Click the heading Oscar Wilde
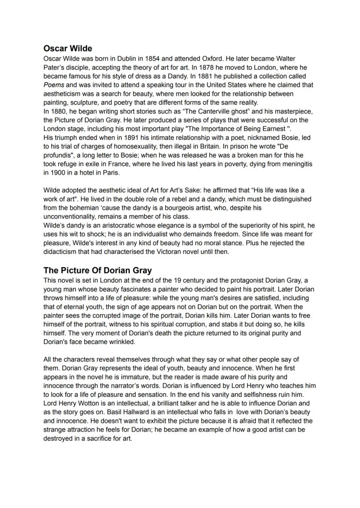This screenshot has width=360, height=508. (x=68, y=49)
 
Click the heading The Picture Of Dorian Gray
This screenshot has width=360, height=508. (x=97, y=270)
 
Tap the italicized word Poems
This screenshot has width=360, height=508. (x=54, y=85)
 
